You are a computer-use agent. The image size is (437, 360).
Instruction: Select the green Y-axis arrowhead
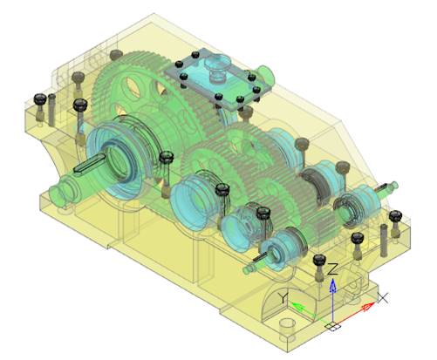pos(297,306)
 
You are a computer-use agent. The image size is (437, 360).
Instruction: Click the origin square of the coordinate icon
pos(332,327)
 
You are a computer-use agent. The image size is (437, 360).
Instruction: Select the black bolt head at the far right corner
pos(395,214)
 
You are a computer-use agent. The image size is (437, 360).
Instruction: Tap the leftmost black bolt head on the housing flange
pos(38,98)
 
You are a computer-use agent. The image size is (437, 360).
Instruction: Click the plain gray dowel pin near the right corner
pos(383,234)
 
